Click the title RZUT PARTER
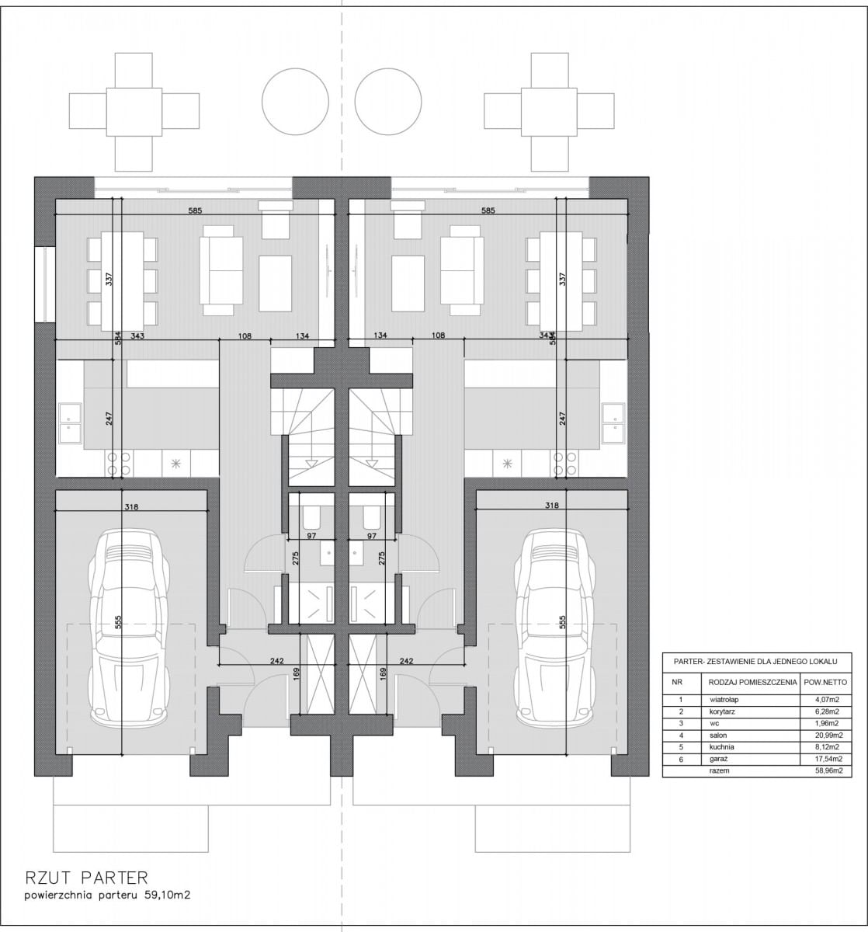tap(86, 878)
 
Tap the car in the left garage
tap(129, 627)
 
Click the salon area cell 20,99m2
tap(826, 736)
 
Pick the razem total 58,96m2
tap(826, 770)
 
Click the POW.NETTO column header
tap(826, 682)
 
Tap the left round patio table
tap(295, 102)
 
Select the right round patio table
tap(388, 102)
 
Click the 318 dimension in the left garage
tap(132, 507)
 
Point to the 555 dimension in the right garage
tap(563, 622)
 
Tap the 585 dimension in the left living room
tap(195, 210)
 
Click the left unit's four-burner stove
tap(118, 463)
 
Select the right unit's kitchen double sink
tap(613, 423)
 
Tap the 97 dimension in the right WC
tap(372, 535)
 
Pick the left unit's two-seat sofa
tap(217, 270)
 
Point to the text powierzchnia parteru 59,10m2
tap(107, 895)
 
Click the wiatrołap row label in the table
tap(724, 700)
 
